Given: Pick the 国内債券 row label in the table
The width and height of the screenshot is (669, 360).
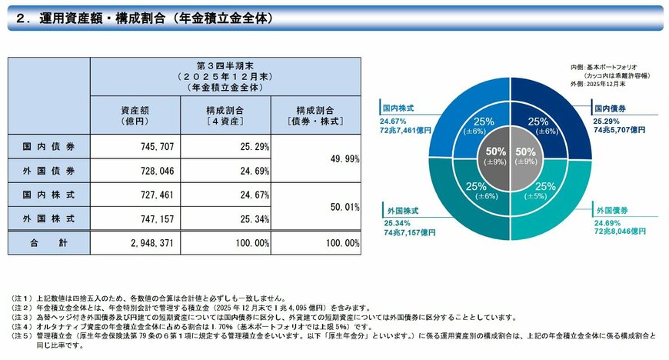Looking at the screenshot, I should [x=48, y=144].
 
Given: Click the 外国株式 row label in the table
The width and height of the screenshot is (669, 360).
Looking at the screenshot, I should [x=48, y=218].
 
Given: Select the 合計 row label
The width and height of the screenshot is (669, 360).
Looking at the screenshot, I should [x=48, y=242].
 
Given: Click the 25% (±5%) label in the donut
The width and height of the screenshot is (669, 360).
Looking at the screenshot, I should [x=544, y=190].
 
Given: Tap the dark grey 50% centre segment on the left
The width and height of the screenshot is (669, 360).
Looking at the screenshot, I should [x=496, y=157].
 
